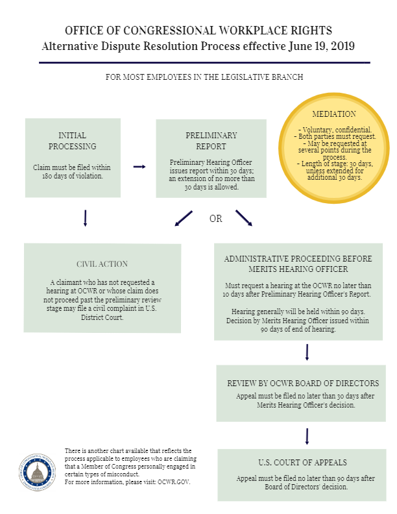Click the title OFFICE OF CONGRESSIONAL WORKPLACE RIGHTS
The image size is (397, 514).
[x=199, y=31]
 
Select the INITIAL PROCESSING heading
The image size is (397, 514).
[x=72, y=141]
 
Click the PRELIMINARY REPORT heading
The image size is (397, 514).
[x=211, y=141]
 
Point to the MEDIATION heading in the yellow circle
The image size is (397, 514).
[x=334, y=114]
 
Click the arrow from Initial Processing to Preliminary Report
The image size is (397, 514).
[x=139, y=167]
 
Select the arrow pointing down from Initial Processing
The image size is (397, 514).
[x=85, y=219]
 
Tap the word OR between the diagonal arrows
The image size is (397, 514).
[x=215, y=219]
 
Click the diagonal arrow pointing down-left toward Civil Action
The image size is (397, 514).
[x=184, y=219]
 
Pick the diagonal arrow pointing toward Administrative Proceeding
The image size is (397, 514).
[x=243, y=219]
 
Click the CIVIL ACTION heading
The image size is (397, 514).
[x=102, y=264]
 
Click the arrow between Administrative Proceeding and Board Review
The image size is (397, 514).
[x=307, y=352]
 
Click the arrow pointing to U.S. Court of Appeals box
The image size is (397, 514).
[x=307, y=435]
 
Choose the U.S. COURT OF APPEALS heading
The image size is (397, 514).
[x=302, y=463]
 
